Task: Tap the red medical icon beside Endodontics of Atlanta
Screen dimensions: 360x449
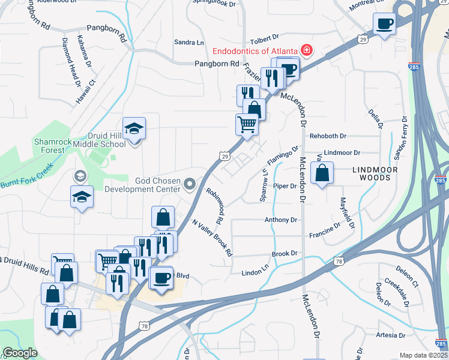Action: click(307, 50)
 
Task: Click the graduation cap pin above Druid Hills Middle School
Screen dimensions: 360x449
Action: click(134, 128)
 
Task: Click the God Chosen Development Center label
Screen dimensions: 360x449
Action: click(142, 185)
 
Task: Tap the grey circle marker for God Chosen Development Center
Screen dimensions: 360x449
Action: click(190, 184)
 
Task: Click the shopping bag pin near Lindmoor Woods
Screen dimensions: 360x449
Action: click(322, 173)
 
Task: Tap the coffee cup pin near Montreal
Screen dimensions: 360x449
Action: click(384, 25)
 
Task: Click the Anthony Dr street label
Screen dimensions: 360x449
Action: click(281, 220)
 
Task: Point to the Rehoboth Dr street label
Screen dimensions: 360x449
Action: click(328, 136)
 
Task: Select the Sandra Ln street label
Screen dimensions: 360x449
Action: click(189, 43)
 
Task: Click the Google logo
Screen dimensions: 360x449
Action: click(20, 353)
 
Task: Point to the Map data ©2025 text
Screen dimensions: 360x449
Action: click(423, 355)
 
